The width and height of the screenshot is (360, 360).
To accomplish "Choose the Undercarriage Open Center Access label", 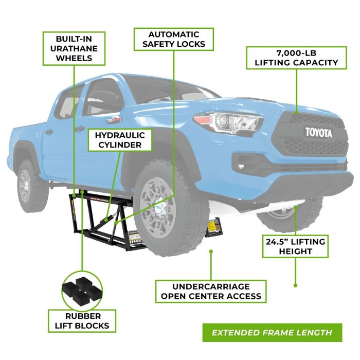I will pos(211,291).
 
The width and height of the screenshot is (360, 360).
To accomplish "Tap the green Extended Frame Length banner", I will pos(272,332).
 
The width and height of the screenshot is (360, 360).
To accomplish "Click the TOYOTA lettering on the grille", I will pos(319,133).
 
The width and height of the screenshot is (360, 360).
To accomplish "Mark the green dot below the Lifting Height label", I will pos(295,284).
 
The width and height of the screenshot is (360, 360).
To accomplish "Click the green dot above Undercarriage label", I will pos(211,251).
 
